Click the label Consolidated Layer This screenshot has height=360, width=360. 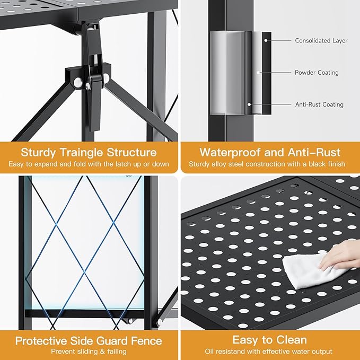pyautogui.click(x=321, y=41)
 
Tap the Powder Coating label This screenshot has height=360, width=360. pyautogui.click(x=317, y=73)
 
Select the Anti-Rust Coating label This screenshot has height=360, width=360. pyautogui.click(x=319, y=104)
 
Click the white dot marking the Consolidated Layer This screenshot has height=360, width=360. pyautogui.click(x=266, y=40)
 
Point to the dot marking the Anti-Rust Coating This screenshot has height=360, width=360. pyautogui.click(x=249, y=104)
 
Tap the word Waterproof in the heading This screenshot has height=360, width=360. pyautogui.click(x=230, y=153)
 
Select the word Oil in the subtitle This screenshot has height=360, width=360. pyautogui.click(x=209, y=352)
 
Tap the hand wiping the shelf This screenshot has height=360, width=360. pyautogui.click(x=340, y=255)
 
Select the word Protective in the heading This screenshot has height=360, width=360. pyautogui.click(x=41, y=341)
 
